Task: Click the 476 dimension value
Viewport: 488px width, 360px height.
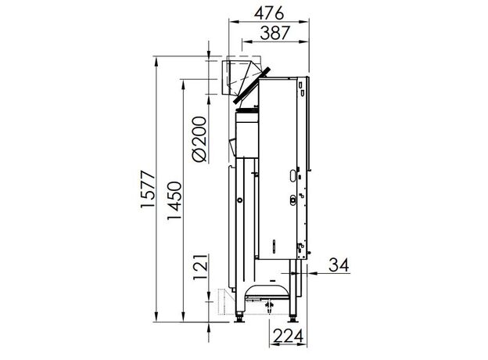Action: pyautogui.click(x=269, y=13)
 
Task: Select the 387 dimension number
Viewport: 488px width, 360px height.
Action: pyautogui.click(x=275, y=33)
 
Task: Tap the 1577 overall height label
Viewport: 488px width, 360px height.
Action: pyautogui.click(x=148, y=189)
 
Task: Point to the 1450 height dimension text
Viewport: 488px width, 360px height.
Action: pyautogui.click(x=174, y=200)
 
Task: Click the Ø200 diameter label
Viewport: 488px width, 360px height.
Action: pyautogui.click(x=199, y=139)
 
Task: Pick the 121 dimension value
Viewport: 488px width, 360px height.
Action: pyautogui.click(x=199, y=267)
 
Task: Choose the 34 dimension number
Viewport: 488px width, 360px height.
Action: pyautogui.click(x=339, y=265)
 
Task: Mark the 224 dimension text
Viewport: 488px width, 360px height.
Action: pyautogui.click(x=289, y=336)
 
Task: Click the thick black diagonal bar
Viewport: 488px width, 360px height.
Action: pyautogui.click(x=252, y=85)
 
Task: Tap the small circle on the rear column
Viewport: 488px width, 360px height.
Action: pyautogui.click(x=239, y=200)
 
